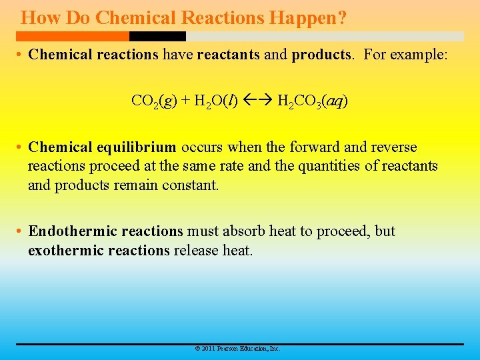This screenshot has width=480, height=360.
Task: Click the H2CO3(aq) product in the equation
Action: tap(312, 101)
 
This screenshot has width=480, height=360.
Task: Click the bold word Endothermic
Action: tap(73, 231)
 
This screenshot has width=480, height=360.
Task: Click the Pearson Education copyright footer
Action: tap(237, 349)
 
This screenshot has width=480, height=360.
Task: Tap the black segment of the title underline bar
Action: tap(157, 36)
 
